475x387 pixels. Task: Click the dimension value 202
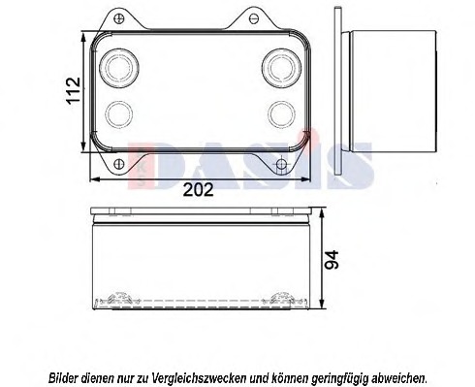[198, 190]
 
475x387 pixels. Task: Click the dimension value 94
[332, 260]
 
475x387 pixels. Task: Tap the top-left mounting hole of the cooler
[119, 17]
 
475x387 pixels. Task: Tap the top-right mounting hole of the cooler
[254, 18]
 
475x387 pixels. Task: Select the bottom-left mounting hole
[119, 164]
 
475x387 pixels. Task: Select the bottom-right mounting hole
[281, 164]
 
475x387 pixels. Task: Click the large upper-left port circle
[119, 68]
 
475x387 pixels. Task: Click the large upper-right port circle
[282, 68]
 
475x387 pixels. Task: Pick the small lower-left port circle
[119, 114]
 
